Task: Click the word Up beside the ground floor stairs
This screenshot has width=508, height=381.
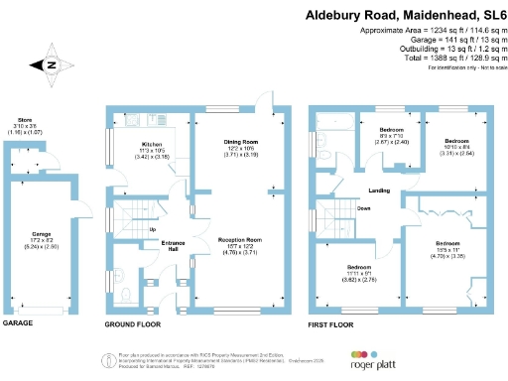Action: [153, 230]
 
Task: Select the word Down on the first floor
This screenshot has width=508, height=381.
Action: [364, 209]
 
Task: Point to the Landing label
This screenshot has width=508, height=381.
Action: [379, 190]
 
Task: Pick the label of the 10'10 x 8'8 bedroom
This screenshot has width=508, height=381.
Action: [456, 142]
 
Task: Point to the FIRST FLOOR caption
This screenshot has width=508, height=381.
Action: [332, 324]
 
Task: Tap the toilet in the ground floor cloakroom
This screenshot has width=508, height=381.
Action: [125, 291]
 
